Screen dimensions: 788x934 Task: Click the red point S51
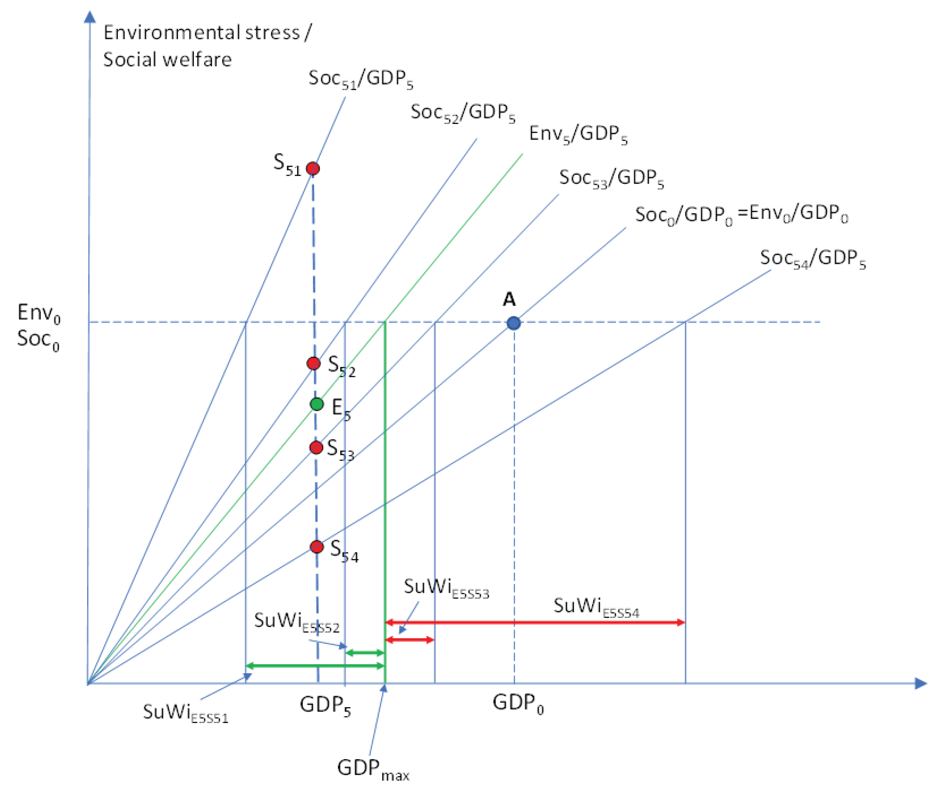point(312,168)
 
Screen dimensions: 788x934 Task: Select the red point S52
point(313,363)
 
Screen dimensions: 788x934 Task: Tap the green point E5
point(317,404)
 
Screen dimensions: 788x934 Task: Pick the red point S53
point(316,447)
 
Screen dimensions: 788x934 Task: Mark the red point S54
point(317,547)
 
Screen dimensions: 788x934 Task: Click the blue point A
point(513,323)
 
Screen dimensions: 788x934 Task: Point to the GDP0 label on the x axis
point(518,703)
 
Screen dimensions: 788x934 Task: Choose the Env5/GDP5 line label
point(578,134)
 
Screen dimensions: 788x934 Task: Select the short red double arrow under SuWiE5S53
point(409,640)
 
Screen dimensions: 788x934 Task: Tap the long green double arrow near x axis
point(315,666)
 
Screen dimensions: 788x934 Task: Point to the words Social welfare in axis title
point(168,60)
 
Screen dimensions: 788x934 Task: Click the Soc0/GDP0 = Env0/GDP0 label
point(741,214)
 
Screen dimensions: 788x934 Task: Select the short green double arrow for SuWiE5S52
point(365,653)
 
